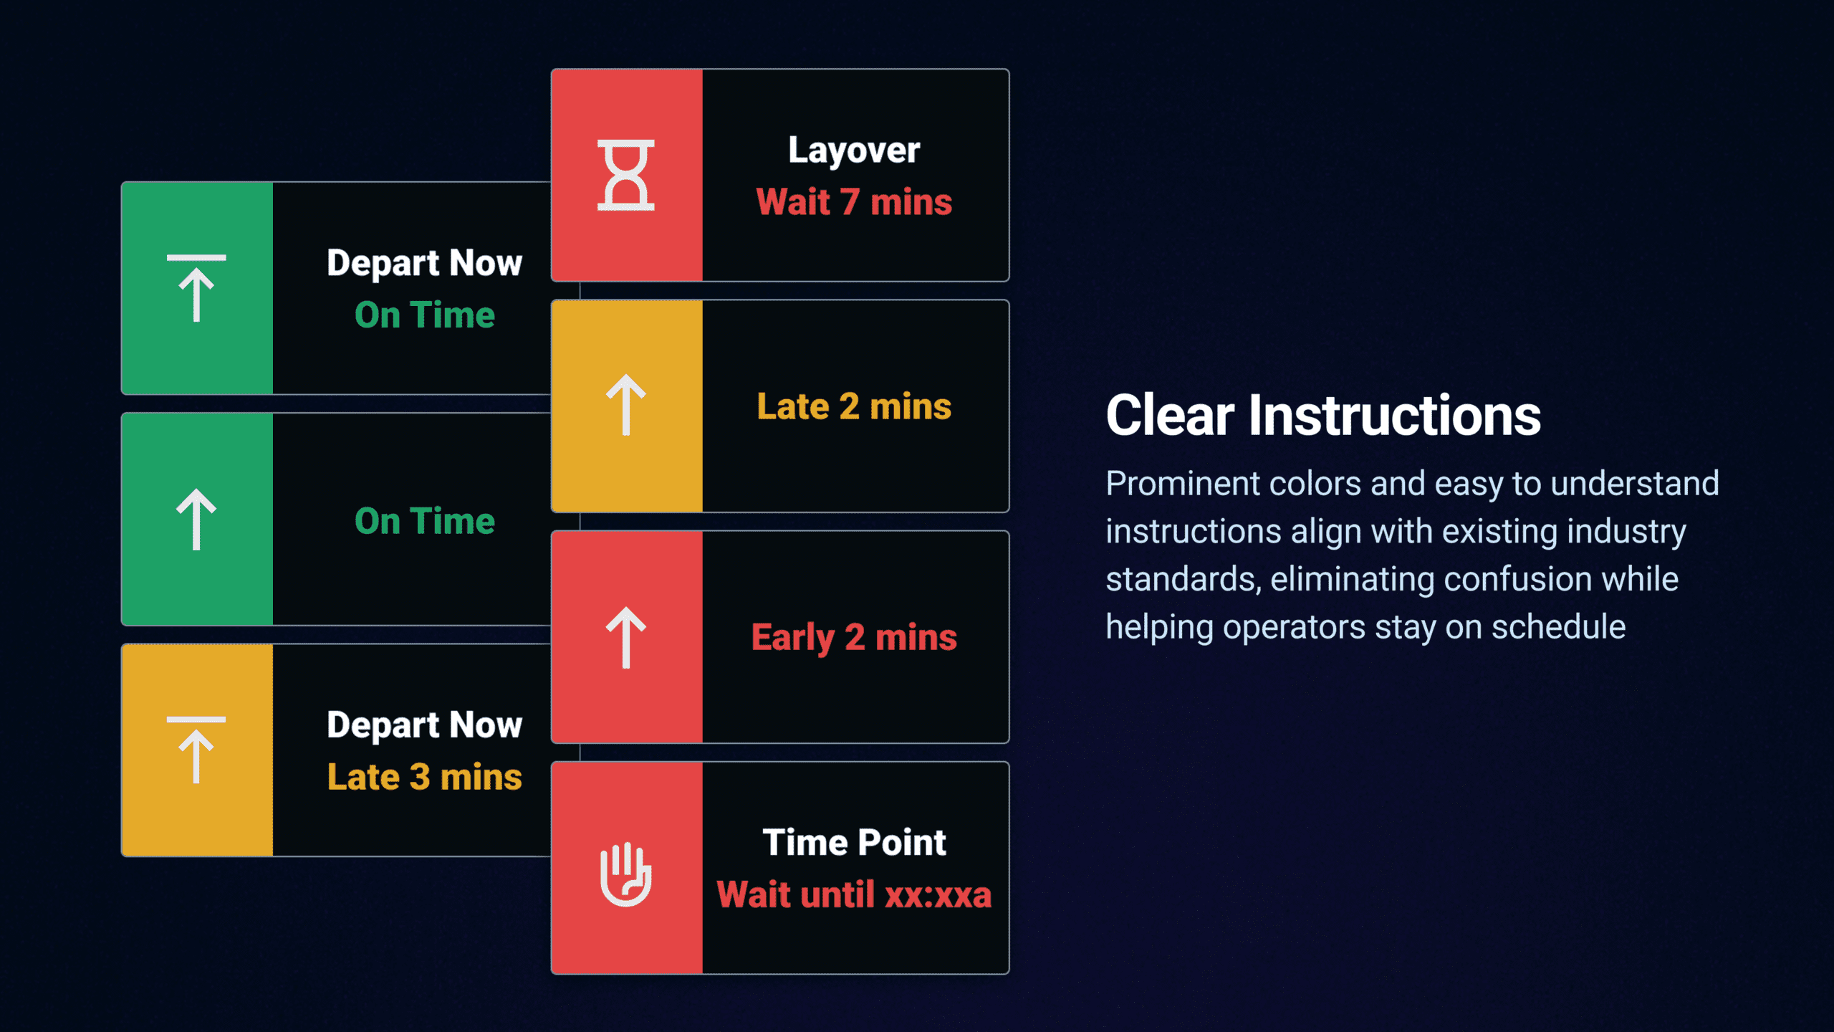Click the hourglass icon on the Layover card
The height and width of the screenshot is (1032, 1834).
click(626, 175)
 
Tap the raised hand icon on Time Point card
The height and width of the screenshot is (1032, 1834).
click(626, 874)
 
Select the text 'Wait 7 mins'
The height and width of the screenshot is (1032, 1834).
click(854, 202)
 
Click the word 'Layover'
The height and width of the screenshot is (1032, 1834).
click(854, 151)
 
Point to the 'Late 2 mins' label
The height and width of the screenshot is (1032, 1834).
click(854, 406)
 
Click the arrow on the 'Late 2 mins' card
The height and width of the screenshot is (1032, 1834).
click(626, 404)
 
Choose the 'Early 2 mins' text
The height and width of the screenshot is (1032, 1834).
click(854, 638)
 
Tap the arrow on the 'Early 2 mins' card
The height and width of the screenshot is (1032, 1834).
click(626, 637)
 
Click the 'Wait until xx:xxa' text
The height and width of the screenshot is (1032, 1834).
click(854, 894)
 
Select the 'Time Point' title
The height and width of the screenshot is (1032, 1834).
click(854, 842)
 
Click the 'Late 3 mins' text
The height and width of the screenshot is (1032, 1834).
click(424, 777)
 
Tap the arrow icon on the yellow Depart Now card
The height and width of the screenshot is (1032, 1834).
click(196, 750)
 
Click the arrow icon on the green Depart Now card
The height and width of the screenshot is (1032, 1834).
click(196, 288)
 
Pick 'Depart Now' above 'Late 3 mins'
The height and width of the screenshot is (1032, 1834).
click(424, 725)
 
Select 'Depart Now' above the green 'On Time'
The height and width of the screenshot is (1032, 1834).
click(424, 264)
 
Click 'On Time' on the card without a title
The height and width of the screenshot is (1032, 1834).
click(424, 521)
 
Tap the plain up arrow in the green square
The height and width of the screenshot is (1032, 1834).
click(196, 520)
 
